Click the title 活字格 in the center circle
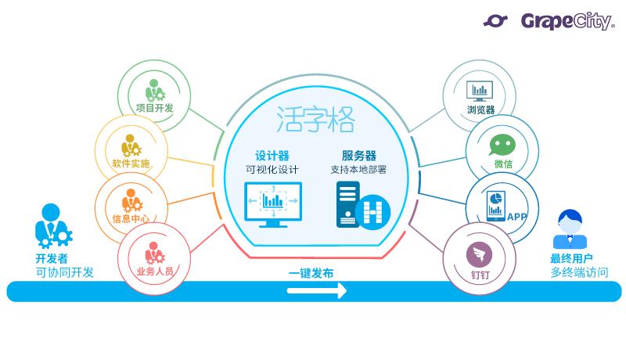coord(315,121)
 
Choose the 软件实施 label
coord(131,164)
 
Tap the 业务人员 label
coord(154,272)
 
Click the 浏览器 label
coord(481,110)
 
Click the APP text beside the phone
coord(517,217)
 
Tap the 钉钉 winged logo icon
coord(478,253)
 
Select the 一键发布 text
coord(311,274)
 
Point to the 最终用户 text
coord(571,257)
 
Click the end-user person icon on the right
coord(570,228)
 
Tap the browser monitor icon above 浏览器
coord(478,90)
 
